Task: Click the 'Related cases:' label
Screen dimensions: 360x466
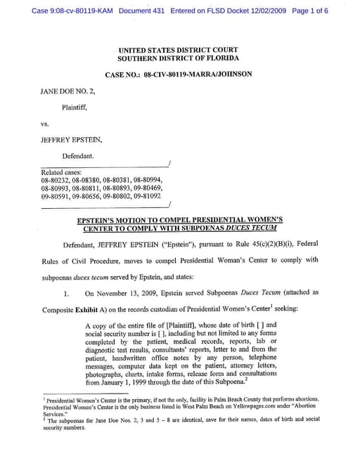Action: point(62,172)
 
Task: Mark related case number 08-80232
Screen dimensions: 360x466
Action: point(55,181)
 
